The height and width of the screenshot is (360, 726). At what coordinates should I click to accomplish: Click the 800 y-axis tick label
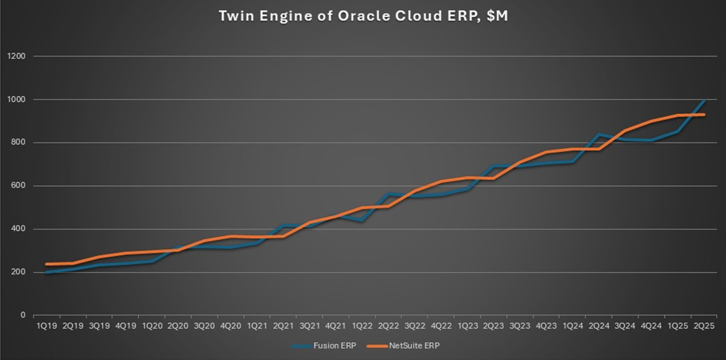click(19, 142)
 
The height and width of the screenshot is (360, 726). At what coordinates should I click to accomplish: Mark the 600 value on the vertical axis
click(19, 186)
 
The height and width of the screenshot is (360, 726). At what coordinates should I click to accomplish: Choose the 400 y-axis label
click(19, 229)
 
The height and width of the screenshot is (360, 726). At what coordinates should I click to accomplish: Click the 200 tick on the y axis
click(19, 272)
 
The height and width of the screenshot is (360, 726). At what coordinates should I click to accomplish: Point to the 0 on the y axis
click(23, 315)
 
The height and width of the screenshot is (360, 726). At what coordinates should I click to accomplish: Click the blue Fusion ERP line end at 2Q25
click(705, 100)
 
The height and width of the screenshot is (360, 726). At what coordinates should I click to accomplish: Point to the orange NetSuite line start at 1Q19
click(47, 264)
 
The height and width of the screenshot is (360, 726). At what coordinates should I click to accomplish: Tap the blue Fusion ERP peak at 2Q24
click(600, 135)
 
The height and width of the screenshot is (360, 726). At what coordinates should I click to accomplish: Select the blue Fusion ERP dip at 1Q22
click(361, 221)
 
